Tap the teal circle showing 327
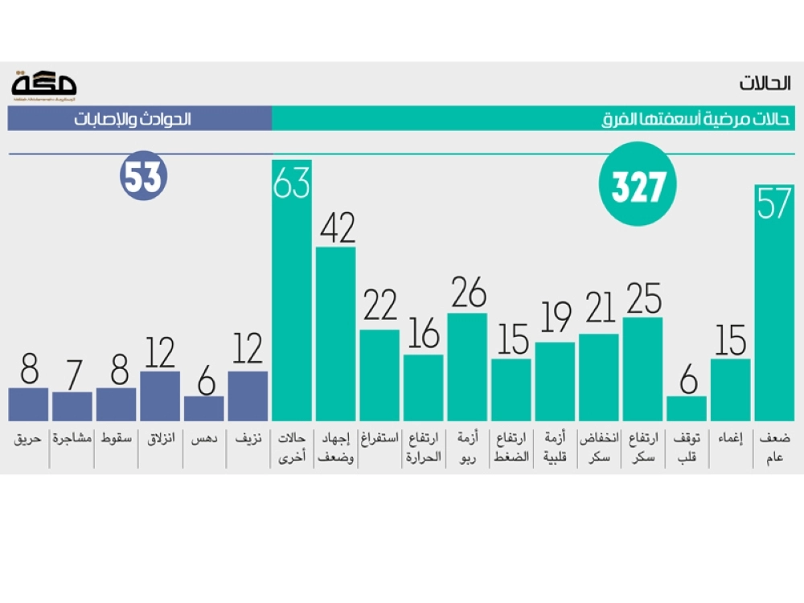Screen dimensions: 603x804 (638, 185)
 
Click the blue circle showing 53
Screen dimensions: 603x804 (143, 177)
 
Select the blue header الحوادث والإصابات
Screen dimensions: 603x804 (133, 121)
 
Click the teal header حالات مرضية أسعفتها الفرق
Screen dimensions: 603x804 (696, 121)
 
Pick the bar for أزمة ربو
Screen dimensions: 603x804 (467, 366)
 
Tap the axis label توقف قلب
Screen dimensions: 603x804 (686, 447)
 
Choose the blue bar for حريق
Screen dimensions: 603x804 (29, 404)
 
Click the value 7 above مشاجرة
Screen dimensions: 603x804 (72, 375)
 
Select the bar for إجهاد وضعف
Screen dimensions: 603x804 (335, 334)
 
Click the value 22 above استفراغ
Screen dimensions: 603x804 (379, 306)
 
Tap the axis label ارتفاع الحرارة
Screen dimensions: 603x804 (423, 447)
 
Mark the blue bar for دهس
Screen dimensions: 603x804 (203, 408)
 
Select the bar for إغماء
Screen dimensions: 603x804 (730, 389)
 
